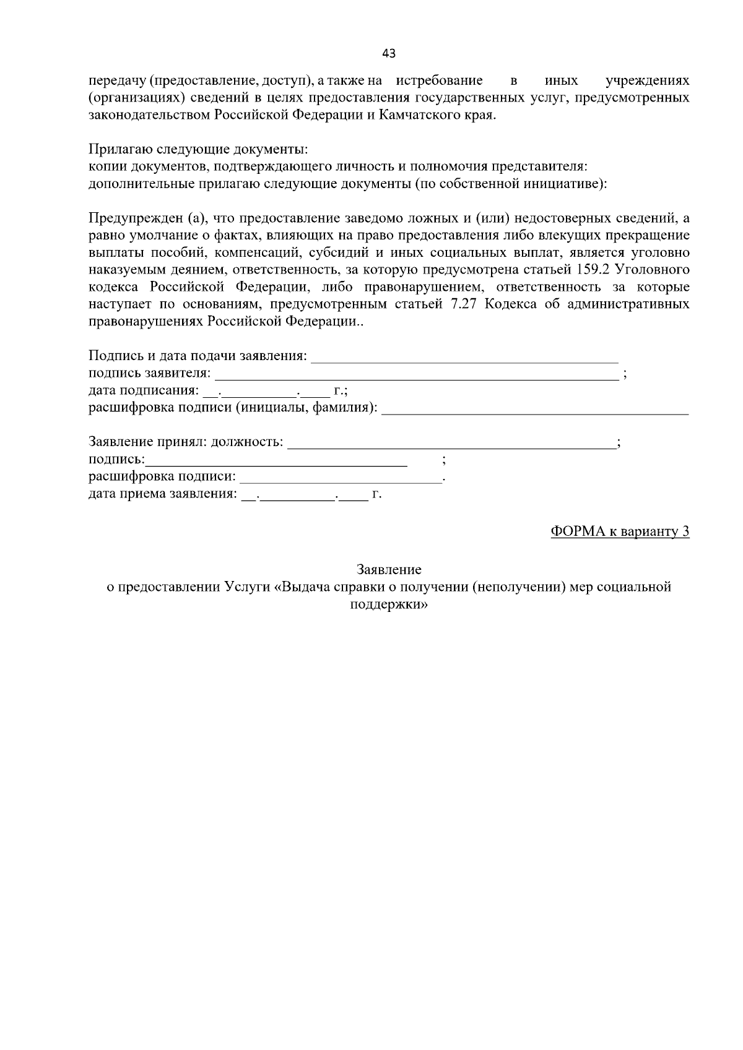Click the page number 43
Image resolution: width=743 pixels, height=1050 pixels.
(x=389, y=53)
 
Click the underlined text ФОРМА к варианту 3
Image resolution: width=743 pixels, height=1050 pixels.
(x=619, y=531)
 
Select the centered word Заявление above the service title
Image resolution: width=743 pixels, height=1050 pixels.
(x=389, y=569)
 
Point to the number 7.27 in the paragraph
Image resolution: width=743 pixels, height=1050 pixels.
(x=460, y=304)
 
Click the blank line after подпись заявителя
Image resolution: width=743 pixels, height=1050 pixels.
(x=416, y=374)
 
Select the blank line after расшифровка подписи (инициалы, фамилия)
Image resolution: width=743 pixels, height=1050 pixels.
(x=535, y=409)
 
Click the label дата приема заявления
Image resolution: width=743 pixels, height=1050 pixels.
(x=162, y=494)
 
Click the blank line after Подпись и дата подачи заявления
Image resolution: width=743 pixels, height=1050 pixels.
(x=464, y=357)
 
